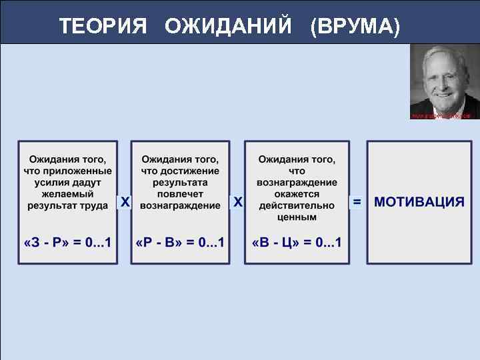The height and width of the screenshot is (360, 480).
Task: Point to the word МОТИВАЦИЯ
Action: pos(419,202)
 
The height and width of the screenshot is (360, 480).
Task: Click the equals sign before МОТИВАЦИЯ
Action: pos(357,201)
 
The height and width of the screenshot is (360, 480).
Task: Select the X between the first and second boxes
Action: pos(124,201)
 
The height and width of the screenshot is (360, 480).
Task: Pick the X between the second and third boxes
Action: pos(237,201)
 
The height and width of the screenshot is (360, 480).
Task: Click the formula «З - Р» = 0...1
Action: pos(67,241)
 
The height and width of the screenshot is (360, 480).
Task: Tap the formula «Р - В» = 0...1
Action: pos(180,241)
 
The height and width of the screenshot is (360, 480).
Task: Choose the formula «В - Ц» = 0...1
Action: pos(297,241)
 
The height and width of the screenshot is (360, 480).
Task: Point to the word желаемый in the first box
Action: pos(67,194)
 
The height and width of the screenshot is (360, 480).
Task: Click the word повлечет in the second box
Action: pos(180,194)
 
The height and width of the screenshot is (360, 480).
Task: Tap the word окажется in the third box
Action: pos(297,194)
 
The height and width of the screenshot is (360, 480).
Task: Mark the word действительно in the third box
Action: pos(297,205)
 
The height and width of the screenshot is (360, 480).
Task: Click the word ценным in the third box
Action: pos(297,217)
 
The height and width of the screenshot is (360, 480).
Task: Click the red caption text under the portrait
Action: pos(443,116)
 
